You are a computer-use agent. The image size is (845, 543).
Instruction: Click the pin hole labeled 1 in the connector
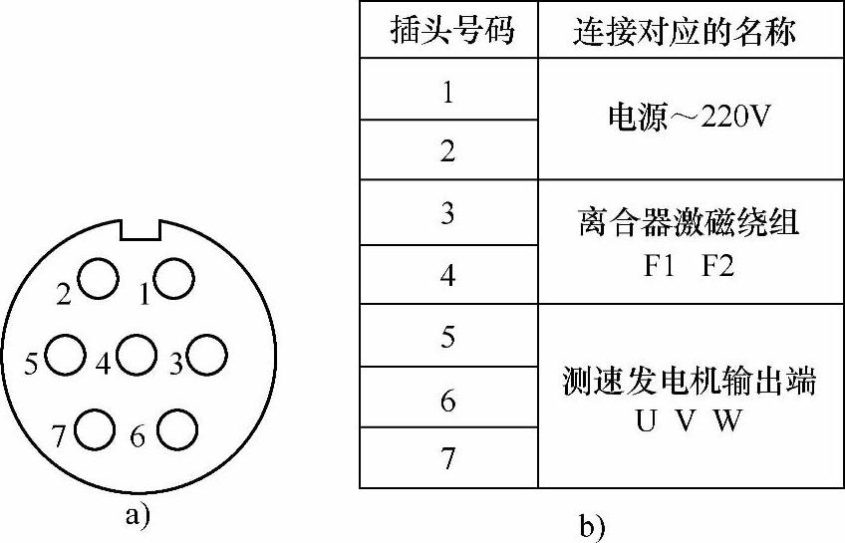pyautogui.click(x=174, y=278)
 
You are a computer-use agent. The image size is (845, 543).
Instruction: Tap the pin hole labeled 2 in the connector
pyautogui.click(x=99, y=278)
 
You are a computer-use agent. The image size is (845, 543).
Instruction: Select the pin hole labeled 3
pyautogui.click(x=209, y=355)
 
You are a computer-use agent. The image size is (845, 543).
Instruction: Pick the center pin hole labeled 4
pyautogui.click(x=136, y=355)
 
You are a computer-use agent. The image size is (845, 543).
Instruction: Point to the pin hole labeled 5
pyautogui.click(x=65, y=355)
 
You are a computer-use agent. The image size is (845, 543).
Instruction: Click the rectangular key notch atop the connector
pyautogui.click(x=141, y=228)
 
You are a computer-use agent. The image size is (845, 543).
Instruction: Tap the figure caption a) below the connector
pyautogui.click(x=138, y=515)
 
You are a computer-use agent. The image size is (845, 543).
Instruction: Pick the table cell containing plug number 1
pyautogui.click(x=448, y=91)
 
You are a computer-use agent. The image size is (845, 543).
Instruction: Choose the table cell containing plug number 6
pyautogui.click(x=448, y=400)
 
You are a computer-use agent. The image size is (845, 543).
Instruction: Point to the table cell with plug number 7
pyautogui.click(x=448, y=458)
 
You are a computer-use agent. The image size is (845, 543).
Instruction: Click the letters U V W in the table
pyautogui.click(x=689, y=420)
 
